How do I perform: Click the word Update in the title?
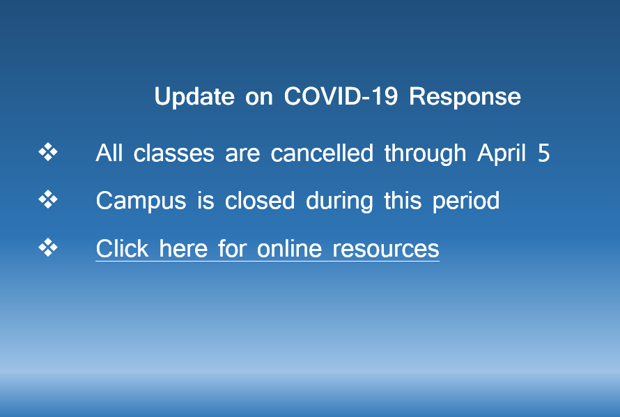click(194, 97)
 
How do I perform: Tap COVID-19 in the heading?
click(341, 96)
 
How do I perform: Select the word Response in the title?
click(465, 97)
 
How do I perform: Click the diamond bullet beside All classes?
click(48, 152)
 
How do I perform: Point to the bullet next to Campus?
click(48, 199)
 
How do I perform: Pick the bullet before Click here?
click(48, 248)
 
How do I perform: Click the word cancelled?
click(322, 153)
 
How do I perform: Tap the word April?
click(502, 153)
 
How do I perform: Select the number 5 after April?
click(543, 153)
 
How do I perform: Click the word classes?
click(174, 153)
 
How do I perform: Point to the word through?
click(425, 153)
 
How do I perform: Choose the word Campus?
click(141, 202)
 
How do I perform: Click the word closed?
click(260, 200)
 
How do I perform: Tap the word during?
click(339, 202)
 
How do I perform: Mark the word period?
click(466, 202)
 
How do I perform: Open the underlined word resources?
click(386, 249)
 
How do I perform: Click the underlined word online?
click(289, 248)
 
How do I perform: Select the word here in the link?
click(183, 248)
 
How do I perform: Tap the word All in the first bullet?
click(109, 153)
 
